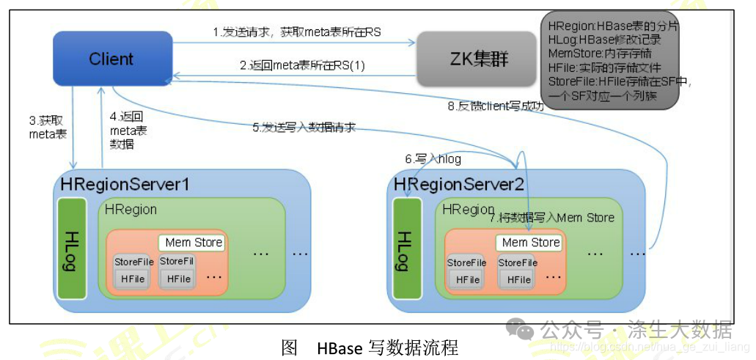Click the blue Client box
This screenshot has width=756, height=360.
coord(111,59)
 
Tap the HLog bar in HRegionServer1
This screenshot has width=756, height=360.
coord(72,249)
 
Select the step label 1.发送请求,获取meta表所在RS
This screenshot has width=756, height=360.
coord(296,32)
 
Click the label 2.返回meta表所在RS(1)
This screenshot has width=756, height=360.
coord(302,65)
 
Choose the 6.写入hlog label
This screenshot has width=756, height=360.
coord(433,158)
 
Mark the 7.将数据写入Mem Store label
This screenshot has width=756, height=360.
coord(556,218)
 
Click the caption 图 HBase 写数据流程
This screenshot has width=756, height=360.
coord(370,348)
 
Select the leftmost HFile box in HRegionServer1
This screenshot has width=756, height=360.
coord(132,279)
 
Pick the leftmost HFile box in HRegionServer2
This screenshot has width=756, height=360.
coord(467,279)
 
